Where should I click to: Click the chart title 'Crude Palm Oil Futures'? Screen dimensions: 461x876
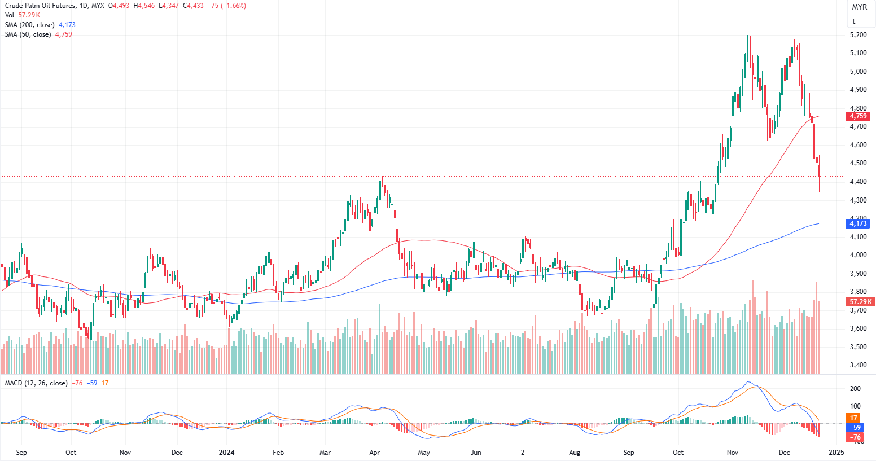tap(40, 6)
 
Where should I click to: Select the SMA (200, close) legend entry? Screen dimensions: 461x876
tap(29, 25)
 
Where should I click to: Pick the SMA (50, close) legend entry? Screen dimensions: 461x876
tap(28, 34)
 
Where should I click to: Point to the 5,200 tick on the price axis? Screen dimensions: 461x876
tap(858, 35)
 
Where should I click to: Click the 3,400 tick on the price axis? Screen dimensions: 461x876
tap(858, 365)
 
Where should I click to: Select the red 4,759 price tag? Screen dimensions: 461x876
tap(858, 116)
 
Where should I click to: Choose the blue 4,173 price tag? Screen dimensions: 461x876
tap(858, 223)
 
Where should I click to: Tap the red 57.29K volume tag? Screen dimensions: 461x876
tap(861, 302)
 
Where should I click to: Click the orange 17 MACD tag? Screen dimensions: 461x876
tap(853, 418)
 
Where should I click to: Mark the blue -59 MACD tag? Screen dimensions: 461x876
tap(855, 428)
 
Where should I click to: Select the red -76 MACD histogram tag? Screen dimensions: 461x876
tap(855, 437)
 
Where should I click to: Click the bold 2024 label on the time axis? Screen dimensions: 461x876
tap(226, 453)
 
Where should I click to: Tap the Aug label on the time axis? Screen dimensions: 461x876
tap(575, 453)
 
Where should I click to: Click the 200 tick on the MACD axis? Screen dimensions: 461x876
tap(855, 389)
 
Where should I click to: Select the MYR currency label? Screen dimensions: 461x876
tap(859, 7)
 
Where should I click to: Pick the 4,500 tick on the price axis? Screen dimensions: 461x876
tap(858, 163)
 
